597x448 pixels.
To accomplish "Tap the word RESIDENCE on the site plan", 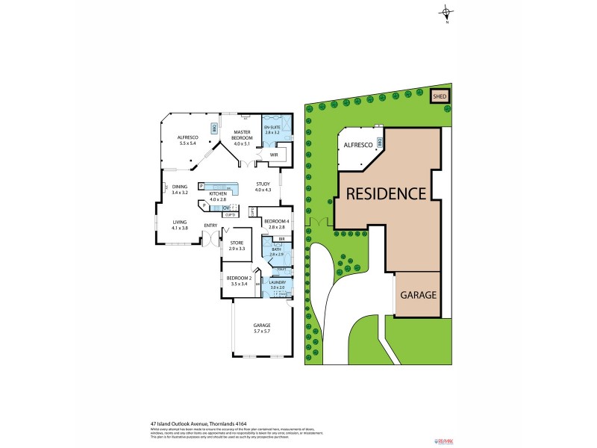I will [385, 193].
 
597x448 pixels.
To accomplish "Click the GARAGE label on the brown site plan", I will [418, 295].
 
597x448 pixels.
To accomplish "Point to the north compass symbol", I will [446, 12].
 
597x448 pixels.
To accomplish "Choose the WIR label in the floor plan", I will [263, 155].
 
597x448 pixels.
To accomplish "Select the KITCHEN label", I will [217, 195].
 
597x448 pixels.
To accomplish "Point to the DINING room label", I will [180, 187].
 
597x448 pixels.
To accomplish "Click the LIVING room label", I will [180, 222].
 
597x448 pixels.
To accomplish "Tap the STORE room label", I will [237, 243].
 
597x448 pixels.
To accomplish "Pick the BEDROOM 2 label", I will [239, 279].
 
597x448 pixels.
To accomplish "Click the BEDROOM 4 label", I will [275, 222].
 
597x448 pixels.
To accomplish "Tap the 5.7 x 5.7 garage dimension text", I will [261, 330].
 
